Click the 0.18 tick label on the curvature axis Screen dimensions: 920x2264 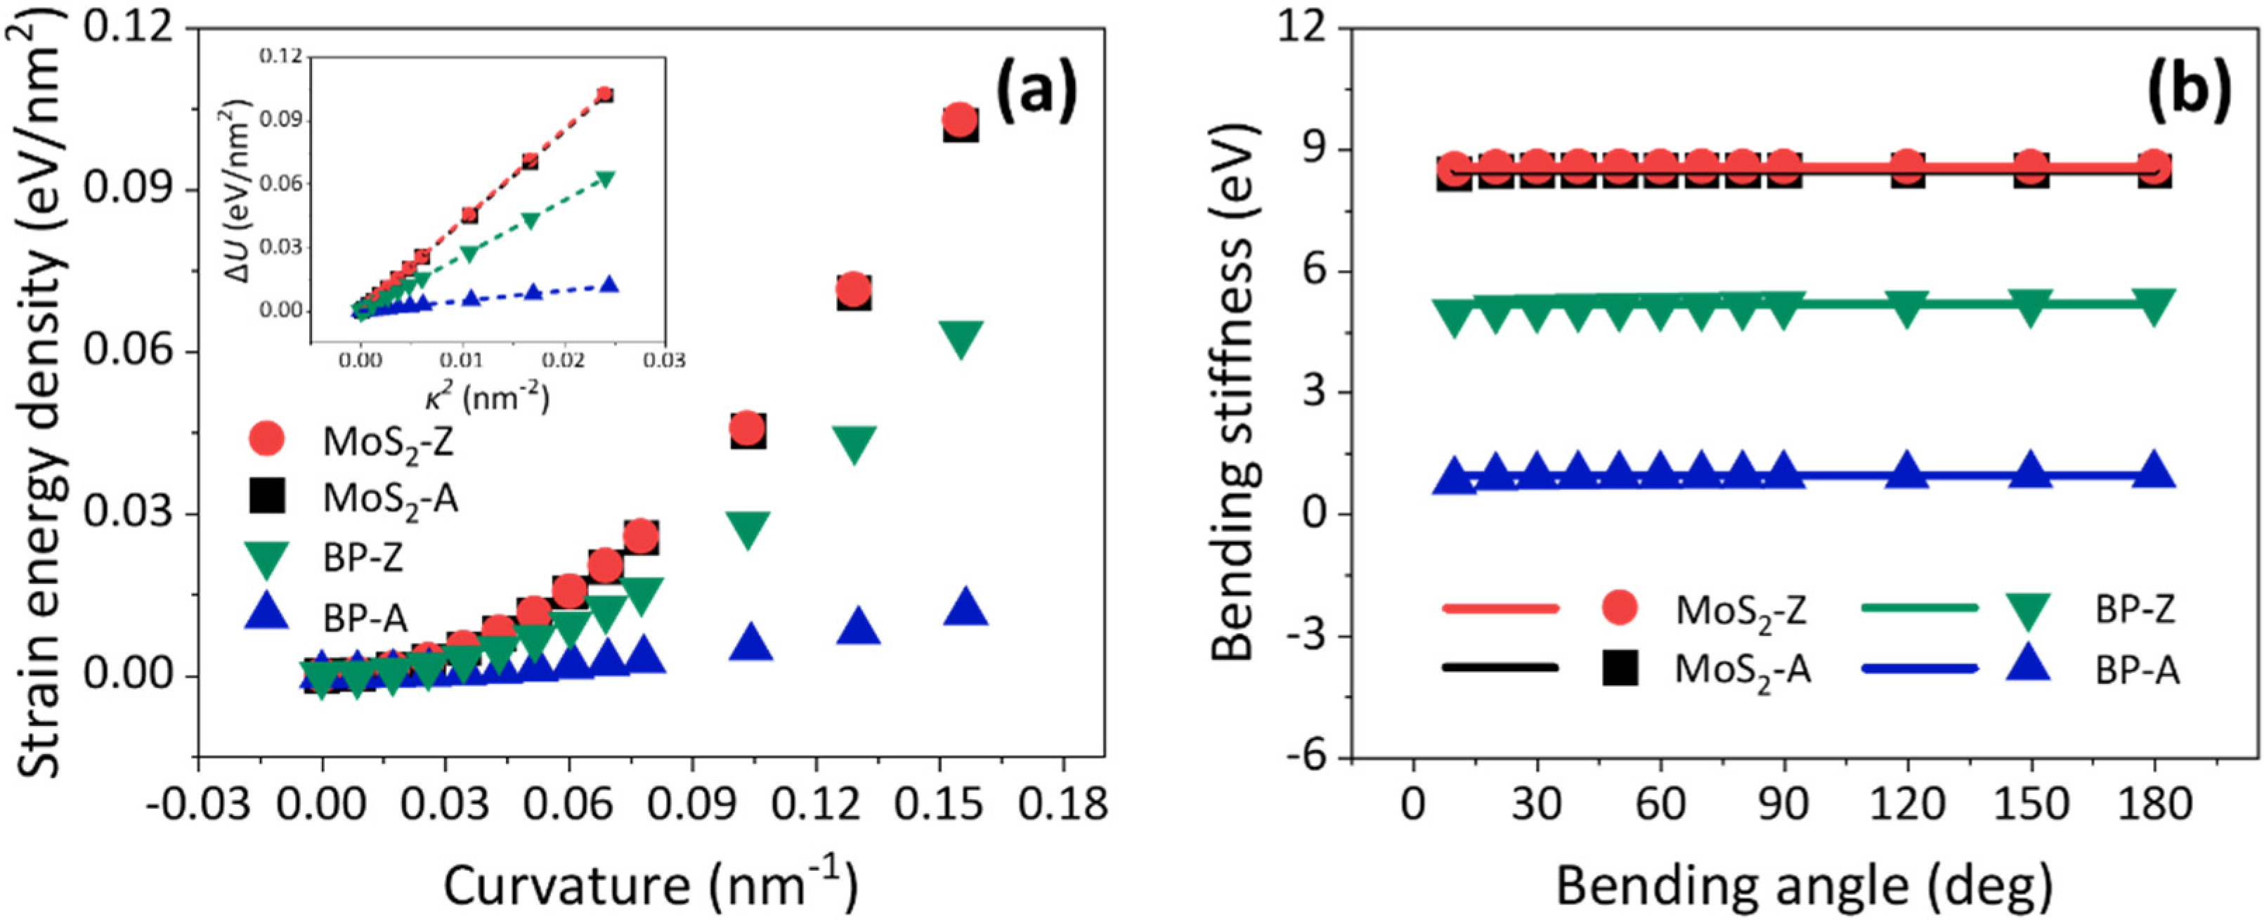click(x=1065, y=805)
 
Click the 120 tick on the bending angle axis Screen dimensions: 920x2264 click(x=1906, y=805)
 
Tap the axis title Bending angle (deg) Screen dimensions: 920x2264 click(x=1804, y=886)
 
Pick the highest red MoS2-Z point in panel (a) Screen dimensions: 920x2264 click(x=960, y=118)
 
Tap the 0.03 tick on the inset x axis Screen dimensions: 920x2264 click(x=665, y=361)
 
